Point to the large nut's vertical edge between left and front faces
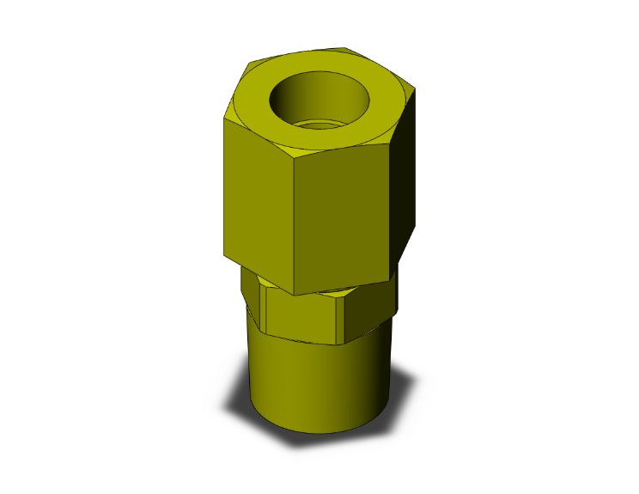pos(291,223)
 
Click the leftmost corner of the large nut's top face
pos(226,117)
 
